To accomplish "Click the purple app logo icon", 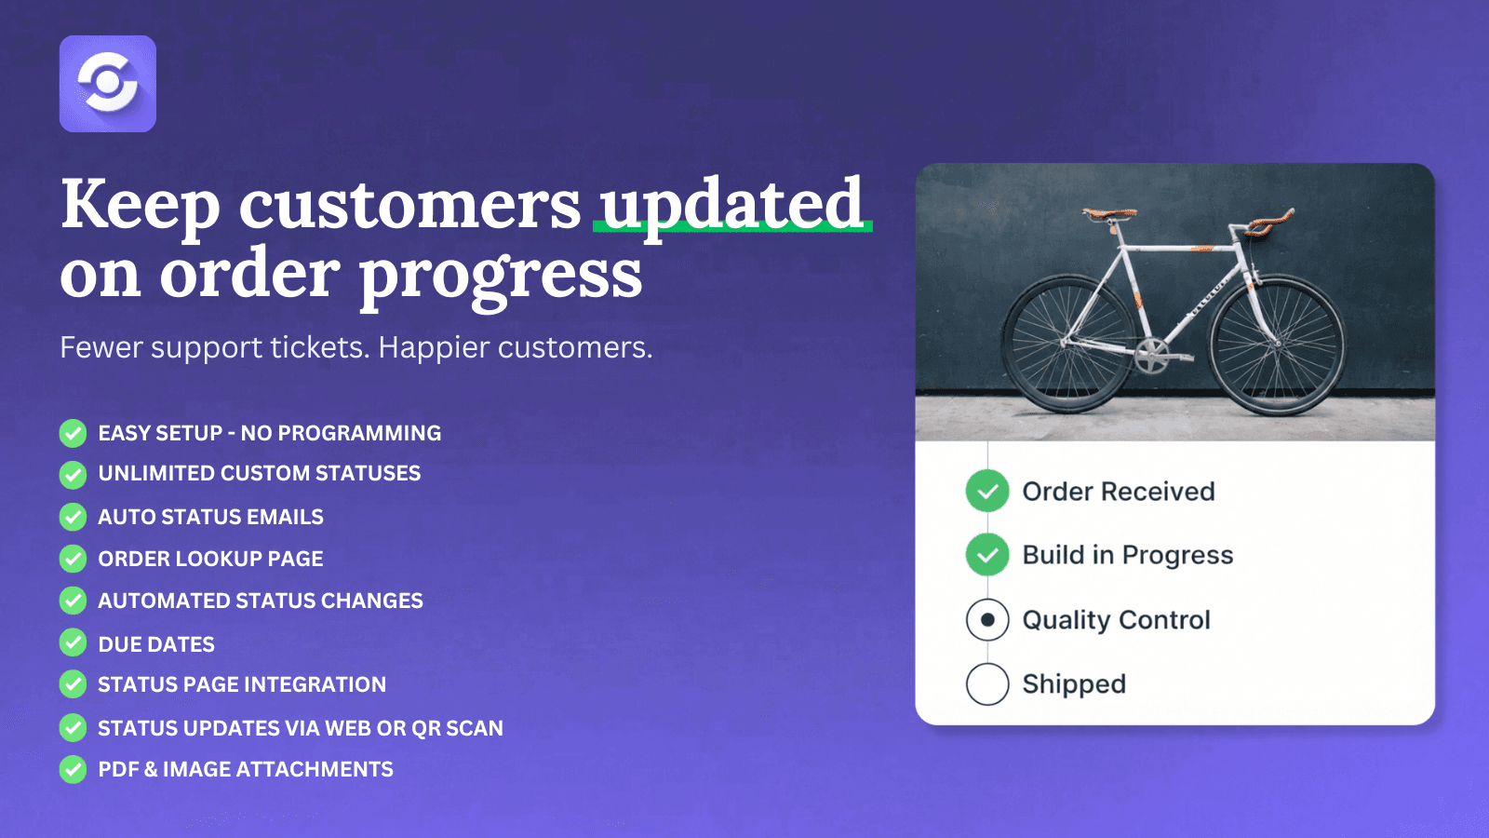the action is pos(108,84).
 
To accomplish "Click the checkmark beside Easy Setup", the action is pos(74,434).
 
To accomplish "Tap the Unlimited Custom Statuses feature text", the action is pos(260,474).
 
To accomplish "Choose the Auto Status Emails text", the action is pos(210,517).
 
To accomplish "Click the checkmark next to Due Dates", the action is pos(74,642).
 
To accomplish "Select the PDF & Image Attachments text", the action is pos(246,769).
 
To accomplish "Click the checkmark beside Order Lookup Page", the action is pos(74,559).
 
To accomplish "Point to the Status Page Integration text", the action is pos(242,684).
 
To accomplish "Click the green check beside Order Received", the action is pos(987,491).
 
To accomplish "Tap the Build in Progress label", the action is pos(1127,555).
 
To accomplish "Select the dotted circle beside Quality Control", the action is pos(987,619).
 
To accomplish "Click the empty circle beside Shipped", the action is pos(987,683).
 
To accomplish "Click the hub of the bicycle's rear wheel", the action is pos(1066,342).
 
